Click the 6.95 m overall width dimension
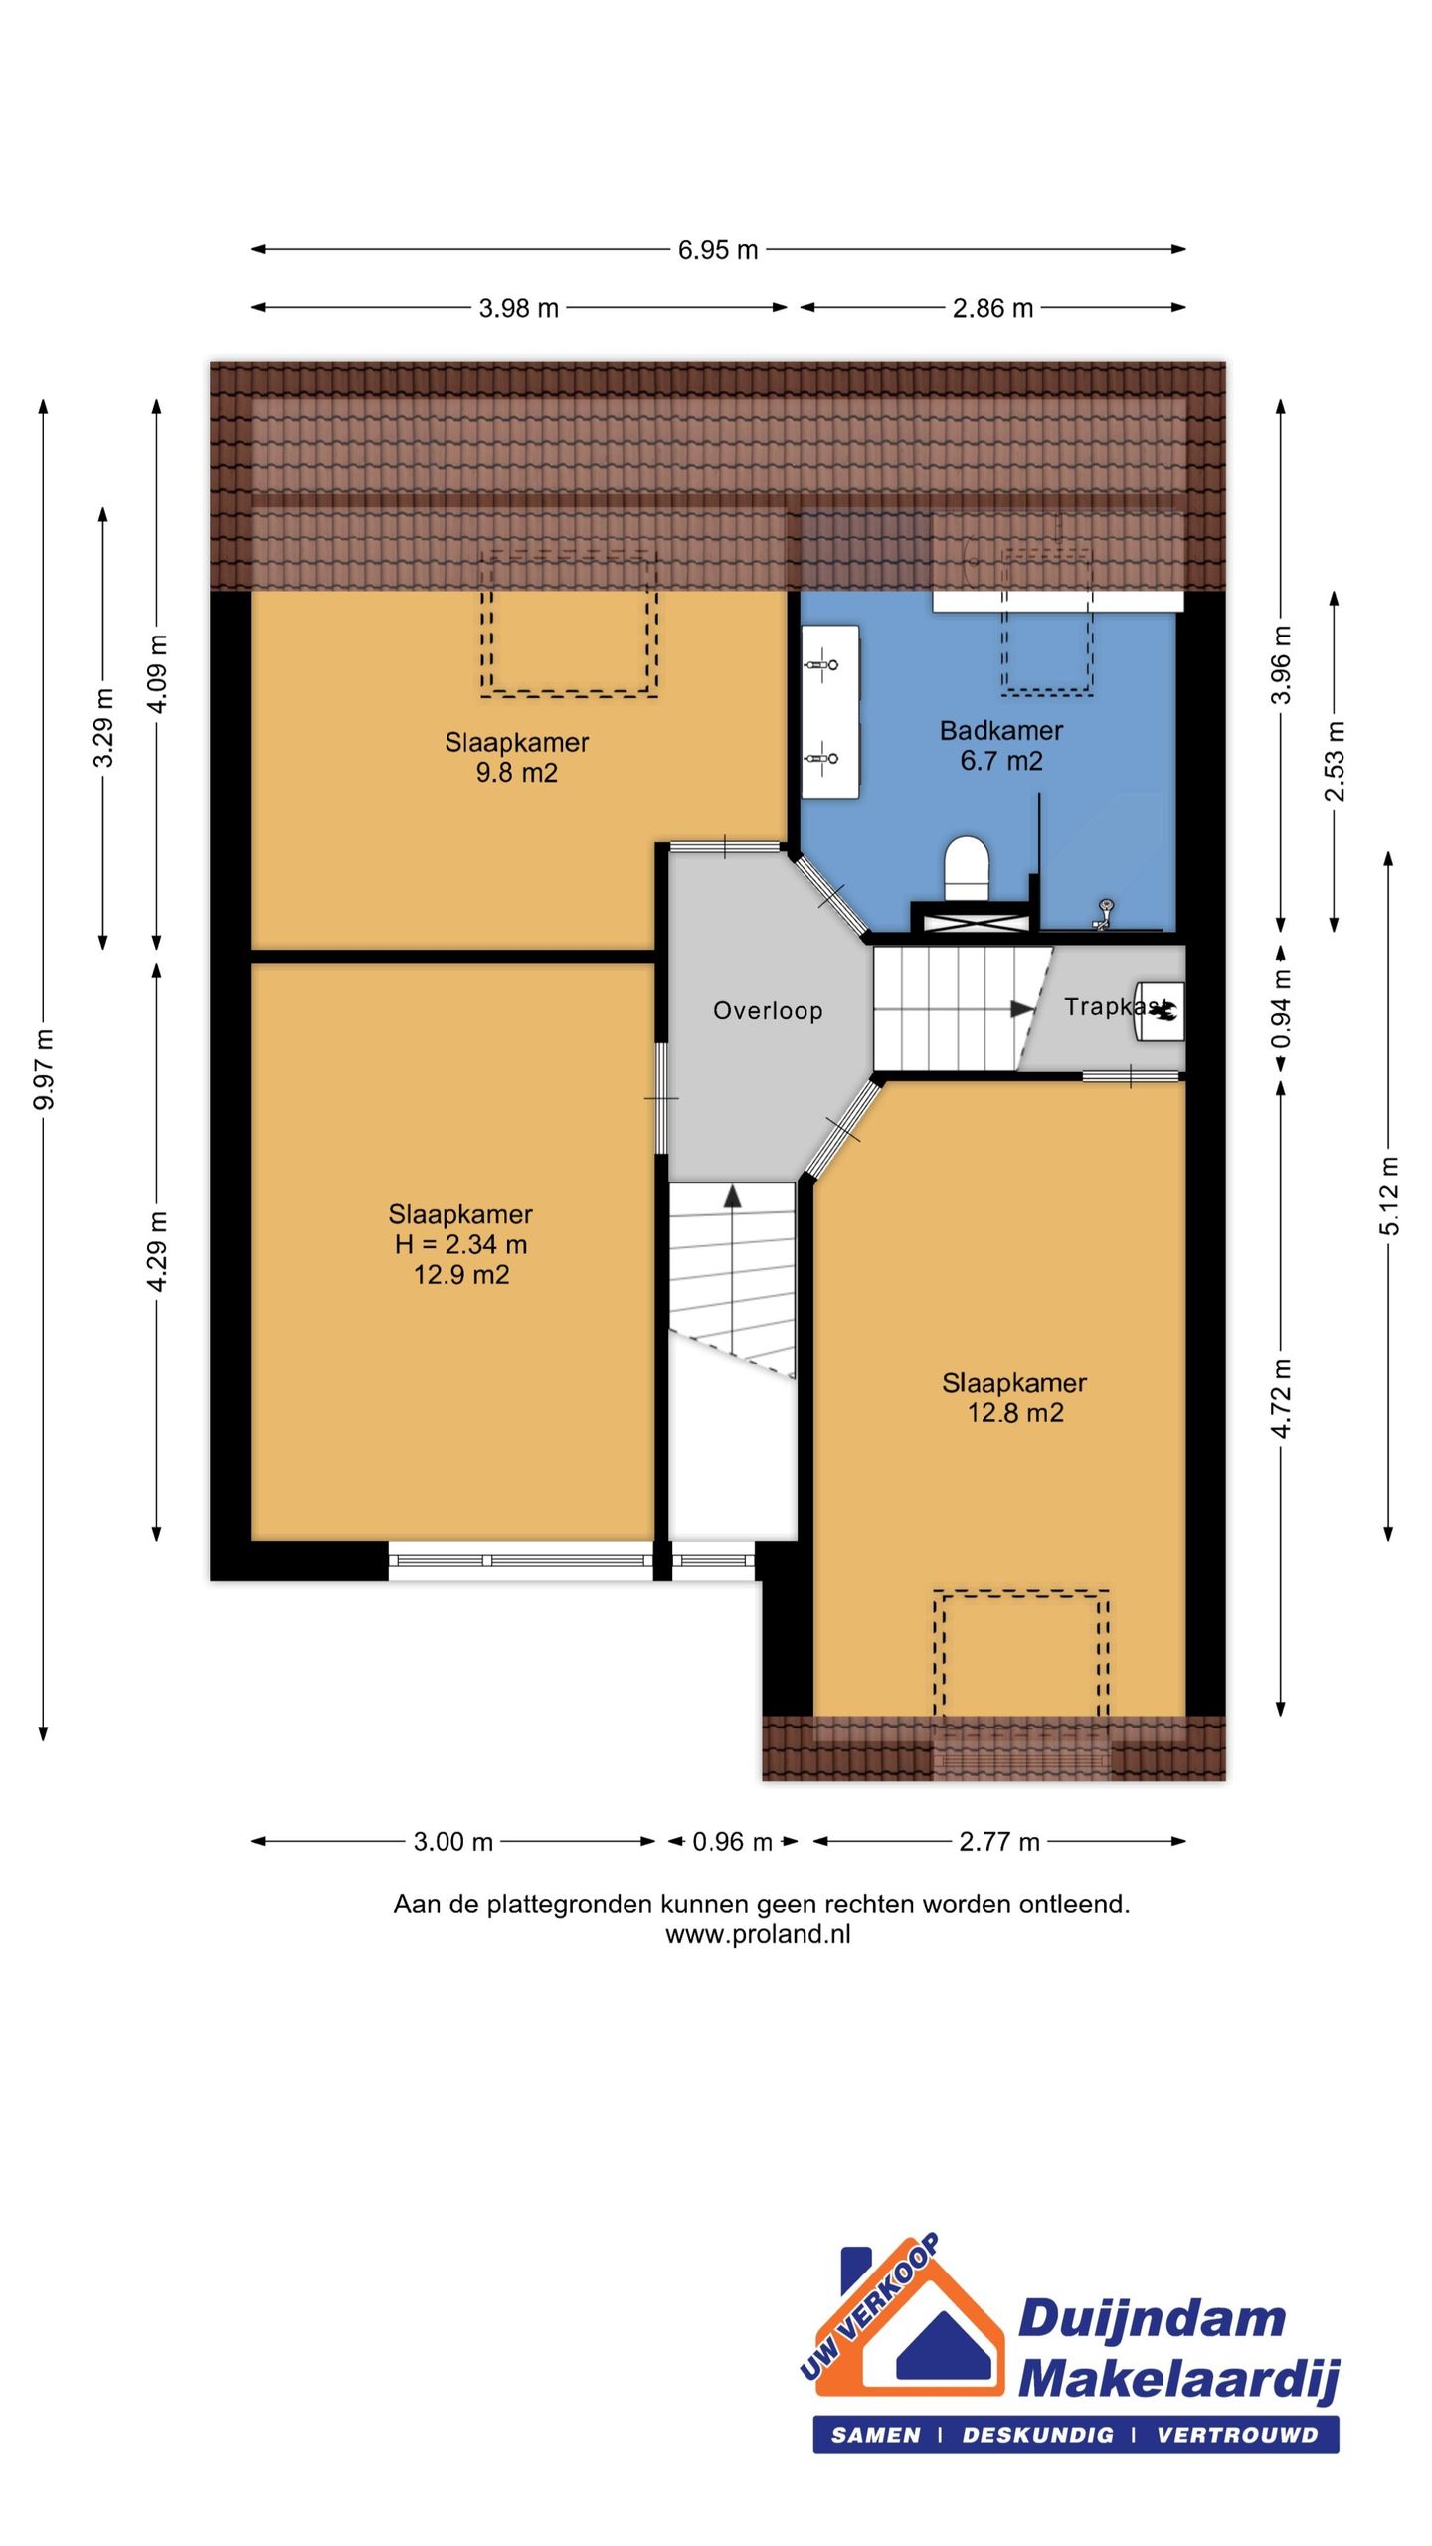pos(718,250)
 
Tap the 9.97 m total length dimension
pos(44,1070)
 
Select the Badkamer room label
pos(1001,731)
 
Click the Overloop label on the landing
pos(768,1011)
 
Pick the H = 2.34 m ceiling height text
pos(460,1244)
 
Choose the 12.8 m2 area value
pos(1015,1413)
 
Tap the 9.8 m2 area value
pos(516,773)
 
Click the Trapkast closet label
pos(1116,1007)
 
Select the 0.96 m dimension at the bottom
pos(732,1842)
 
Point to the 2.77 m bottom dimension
pos(999,1842)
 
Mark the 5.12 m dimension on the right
pos(1389,1196)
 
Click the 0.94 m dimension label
pos(1282,1009)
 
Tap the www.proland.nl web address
pos(758,1934)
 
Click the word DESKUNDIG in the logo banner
pos(1037,2435)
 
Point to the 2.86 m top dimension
pos(992,308)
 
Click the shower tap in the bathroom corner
pos(1103,913)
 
